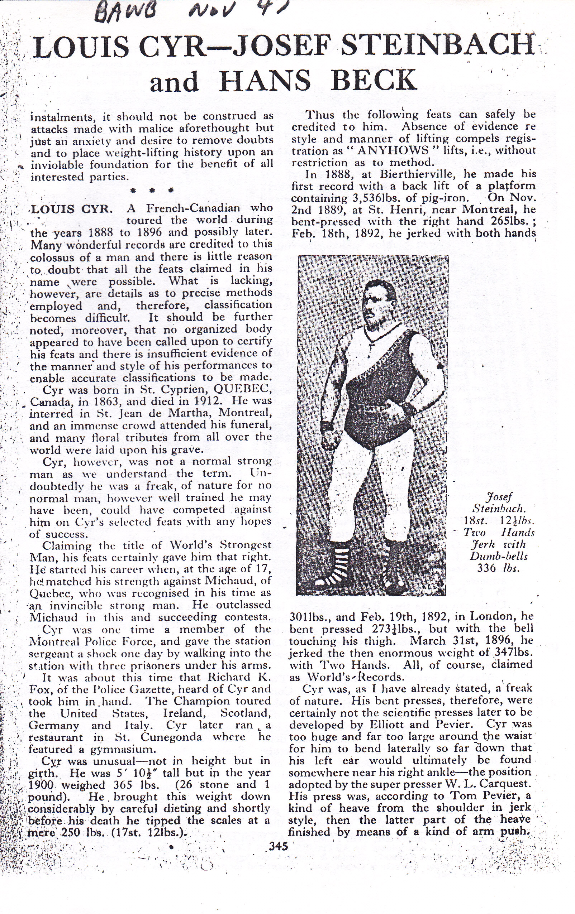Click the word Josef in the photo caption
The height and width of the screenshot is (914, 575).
pyautogui.click(x=499, y=496)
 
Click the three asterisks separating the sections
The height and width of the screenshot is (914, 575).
pyautogui.click(x=151, y=190)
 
